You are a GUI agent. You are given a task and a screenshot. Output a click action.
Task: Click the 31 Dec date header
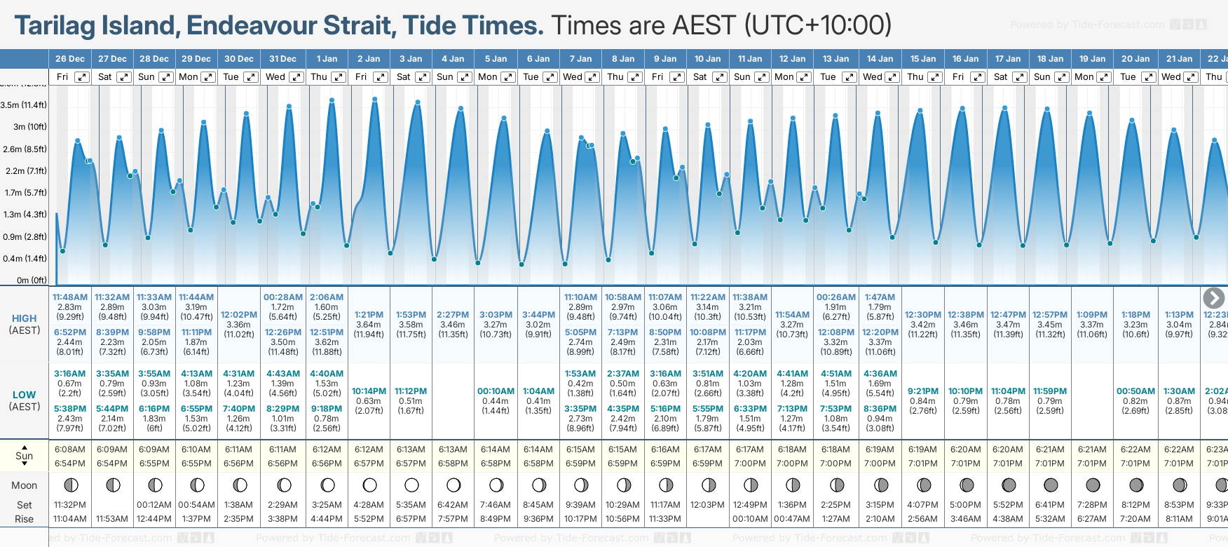282,59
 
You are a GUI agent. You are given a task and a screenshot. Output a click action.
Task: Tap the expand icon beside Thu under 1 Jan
339,77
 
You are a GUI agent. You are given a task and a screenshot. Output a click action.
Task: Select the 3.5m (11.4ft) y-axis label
24,105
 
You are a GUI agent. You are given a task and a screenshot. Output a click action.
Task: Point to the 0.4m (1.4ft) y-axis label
24,259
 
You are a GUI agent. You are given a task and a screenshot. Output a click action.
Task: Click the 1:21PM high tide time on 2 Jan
369,315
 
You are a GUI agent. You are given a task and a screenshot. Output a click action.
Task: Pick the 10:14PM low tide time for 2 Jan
369,391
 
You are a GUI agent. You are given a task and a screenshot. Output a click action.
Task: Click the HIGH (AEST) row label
25,324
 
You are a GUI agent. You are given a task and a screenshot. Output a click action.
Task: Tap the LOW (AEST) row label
25,400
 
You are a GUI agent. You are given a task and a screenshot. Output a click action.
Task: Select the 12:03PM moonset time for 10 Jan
707,505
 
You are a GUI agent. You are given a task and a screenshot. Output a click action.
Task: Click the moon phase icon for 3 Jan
411,485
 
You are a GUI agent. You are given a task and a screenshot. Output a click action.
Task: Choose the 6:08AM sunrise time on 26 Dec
69,450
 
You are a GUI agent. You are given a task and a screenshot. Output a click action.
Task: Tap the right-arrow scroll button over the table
1213,298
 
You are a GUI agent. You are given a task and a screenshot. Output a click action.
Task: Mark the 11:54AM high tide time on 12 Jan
792,315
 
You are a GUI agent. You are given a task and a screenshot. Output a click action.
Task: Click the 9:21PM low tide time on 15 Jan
922,391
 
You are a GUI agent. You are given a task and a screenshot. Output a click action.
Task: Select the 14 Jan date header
880,59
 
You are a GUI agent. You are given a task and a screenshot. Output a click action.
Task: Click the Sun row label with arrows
25,456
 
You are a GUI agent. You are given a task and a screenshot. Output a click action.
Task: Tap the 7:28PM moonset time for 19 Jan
1092,505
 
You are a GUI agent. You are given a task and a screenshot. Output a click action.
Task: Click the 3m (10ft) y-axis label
29,127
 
